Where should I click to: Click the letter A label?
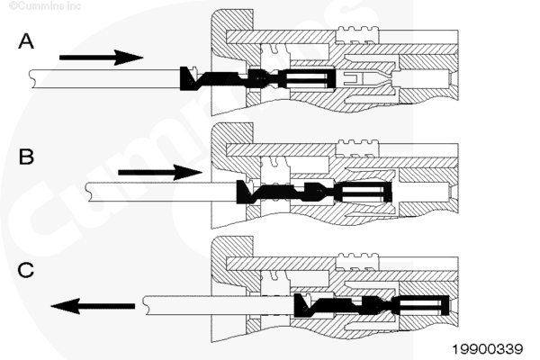click(26, 41)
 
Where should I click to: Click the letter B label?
click(26, 157)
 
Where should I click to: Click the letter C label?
click(26, 270)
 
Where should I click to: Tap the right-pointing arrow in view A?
click(101, 58)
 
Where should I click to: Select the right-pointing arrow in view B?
click(160, 172)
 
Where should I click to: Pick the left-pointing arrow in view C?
click(93, 306)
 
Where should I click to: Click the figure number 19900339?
click(487, 349)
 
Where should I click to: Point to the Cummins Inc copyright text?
click(45, 6)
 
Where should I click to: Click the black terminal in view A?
click(257, 79)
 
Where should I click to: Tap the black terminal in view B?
click(314, 192)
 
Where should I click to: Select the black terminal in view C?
click(372, 306)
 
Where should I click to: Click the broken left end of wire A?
click(32, 78)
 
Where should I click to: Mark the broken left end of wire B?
click(88, 192)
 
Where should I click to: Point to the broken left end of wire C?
click(147, 305)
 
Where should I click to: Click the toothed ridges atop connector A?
click(358, 30)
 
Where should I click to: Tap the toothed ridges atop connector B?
click(358, 143)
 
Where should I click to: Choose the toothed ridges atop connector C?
click(358, 256)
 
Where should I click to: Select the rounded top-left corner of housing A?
click(215, 13)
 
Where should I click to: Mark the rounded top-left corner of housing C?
click(215, 241)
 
